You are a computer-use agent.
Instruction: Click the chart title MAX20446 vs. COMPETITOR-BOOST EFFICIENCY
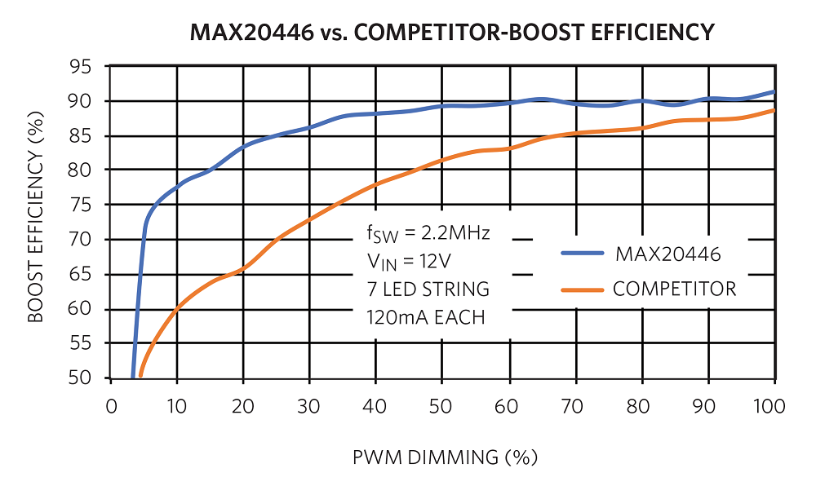452,33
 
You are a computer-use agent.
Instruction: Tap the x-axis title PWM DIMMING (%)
445,457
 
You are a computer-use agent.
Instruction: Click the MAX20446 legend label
667,254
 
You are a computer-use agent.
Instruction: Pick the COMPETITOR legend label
674,289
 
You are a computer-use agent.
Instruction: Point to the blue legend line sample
583,254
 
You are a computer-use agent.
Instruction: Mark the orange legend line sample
583,289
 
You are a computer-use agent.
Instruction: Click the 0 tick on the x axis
112,406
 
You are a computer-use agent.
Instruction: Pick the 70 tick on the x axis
574,406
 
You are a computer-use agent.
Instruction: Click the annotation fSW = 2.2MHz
427,235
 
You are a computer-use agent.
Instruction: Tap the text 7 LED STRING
427,289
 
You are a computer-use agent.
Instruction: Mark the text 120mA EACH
425,317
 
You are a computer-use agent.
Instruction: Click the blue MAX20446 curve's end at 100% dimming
774,91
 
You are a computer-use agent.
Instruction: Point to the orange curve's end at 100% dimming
774,110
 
